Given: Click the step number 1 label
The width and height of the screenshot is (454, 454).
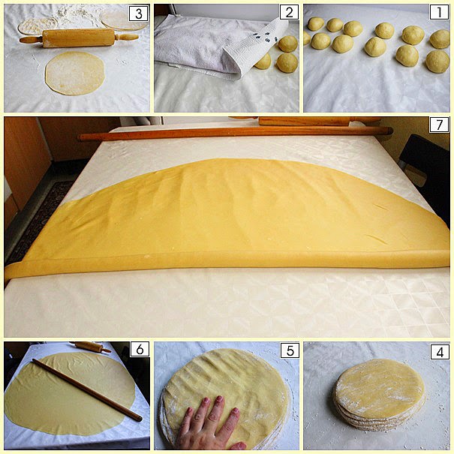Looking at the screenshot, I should [x=440, y=13].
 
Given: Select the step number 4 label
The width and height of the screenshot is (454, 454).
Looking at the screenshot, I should [x=440, y=350].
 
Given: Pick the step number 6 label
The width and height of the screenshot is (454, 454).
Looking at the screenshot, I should [x=139, y=350].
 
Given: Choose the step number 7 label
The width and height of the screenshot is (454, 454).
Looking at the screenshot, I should [x=440, y=125].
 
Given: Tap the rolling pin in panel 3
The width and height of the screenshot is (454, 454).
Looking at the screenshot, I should [x=79, y=38].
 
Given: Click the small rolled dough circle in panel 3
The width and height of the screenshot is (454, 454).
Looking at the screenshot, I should [x=75, y=73].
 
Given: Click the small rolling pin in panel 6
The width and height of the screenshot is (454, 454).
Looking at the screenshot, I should [x=92, y=347].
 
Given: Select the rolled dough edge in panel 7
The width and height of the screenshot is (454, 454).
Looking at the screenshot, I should [x=225, y=262].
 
